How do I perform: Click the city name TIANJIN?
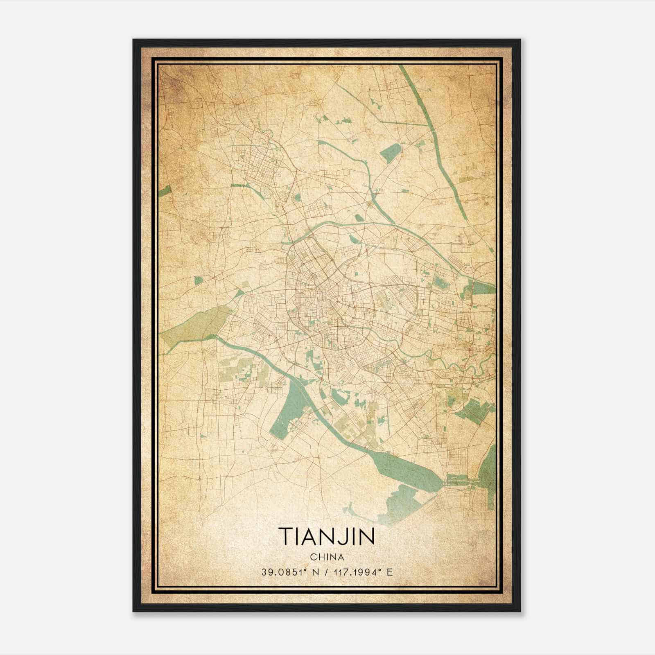click(327, 536)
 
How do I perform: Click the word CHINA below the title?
click(327, 557)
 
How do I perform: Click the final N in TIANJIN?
click(367, 536)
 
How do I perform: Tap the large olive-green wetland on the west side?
click(192, 323)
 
